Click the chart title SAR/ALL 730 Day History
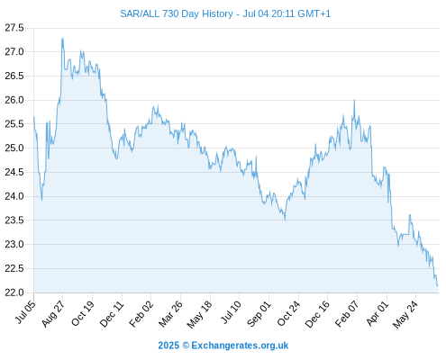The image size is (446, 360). pos(177,13)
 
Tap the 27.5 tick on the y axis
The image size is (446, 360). pos(14,28)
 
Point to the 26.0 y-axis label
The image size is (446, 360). pos(14,100)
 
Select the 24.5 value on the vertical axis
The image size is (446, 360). pos(14,172)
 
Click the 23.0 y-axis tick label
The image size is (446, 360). pos(14,244)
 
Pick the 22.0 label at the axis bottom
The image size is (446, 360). pos(14,292)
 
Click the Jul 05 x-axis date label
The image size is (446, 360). pos(25,312)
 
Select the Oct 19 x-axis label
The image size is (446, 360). pos(83,313)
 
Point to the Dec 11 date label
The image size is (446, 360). pos(112,314)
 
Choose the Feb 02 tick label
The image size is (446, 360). pos(141,314)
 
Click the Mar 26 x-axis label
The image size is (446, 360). pos(170,314)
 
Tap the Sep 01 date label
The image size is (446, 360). pos(259,314)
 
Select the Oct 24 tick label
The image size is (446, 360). pos(288,313)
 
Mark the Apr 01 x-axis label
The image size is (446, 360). pos(378,313)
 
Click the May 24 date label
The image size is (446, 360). pos(405,314)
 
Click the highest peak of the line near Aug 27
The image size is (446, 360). pos(63,38)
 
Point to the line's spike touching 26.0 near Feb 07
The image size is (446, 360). pos(354,100)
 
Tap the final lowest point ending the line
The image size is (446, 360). pos(437,285)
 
